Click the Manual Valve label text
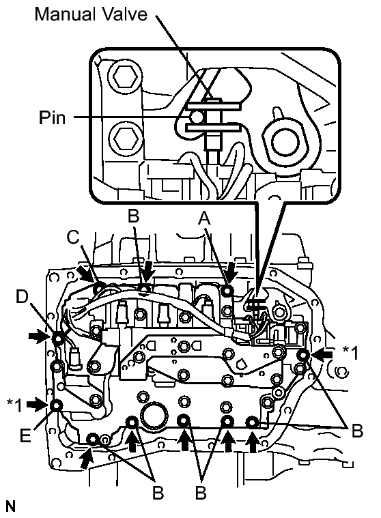point(91,14)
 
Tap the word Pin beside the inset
point(52,117)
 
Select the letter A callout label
point(204,218)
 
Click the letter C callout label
point(73,238)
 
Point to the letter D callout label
point(23,298)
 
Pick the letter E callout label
point(25,435)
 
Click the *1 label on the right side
point(350,353)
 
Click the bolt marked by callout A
point(227,291)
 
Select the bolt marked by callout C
point(98,289)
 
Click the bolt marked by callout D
point(57,339)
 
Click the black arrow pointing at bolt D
point(37,336)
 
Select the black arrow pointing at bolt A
point(232,272)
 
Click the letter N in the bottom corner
point(10,507)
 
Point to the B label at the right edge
point(357,431)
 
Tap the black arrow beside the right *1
point(322,354)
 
